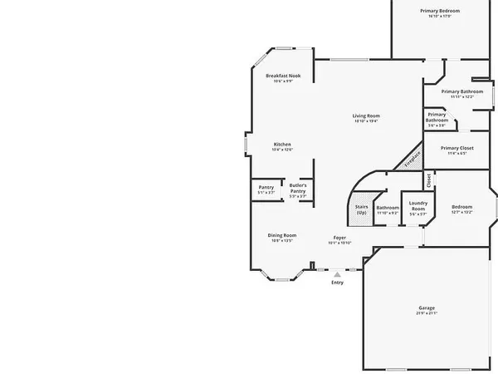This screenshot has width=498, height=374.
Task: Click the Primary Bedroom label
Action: tap(439, 10)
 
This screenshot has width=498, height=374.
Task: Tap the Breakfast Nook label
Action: tap(283, 76)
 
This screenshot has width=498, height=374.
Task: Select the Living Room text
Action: tap(365, 116)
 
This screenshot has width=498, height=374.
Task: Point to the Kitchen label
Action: tap(282, 144)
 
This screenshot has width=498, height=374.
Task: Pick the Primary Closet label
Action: tap(456, 148)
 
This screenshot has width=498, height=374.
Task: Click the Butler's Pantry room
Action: tap(298, 188)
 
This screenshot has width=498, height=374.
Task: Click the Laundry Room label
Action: tap(417, 205)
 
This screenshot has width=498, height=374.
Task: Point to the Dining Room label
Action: tap(282, 235)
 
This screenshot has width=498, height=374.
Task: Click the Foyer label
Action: tap(339, 238)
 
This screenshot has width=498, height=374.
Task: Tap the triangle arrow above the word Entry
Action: tap(337, 274)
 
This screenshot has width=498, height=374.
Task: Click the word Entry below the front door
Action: tap(337, 283)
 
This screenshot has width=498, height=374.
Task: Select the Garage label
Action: tap(426, 308)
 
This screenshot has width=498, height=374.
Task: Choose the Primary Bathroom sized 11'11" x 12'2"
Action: tap(462, 91)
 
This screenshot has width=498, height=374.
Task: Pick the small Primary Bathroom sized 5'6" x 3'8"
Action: tap(437, 120)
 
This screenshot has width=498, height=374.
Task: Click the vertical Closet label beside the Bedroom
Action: tap(428, 179)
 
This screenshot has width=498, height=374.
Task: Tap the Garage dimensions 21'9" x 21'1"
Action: tap(426, 313)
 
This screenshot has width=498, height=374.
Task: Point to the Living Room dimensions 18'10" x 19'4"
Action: tap(365, 121)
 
